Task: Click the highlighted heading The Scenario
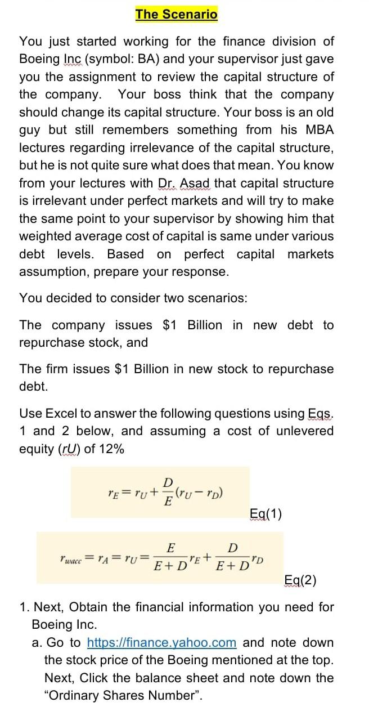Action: (176, 14)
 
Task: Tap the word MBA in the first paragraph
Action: (320, 130)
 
